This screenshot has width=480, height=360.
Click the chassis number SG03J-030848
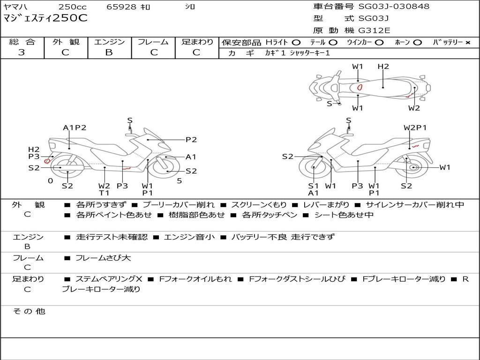[393, 7]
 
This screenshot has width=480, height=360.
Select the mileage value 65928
[121, 7]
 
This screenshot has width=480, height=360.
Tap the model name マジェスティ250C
[45, 19]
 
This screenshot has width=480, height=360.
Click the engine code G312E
[374, 31]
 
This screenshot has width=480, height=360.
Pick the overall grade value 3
[22, 52]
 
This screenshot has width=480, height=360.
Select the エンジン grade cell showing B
[109, 52]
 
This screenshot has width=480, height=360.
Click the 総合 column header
[22, 42]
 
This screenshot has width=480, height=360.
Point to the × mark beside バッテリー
[467, 43]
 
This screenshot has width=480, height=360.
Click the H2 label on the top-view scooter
[383, 67]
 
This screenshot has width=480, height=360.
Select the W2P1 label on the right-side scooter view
[415, 127]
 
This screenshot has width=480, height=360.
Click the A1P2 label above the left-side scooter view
[75, 127]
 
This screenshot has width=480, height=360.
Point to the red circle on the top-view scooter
[360, 87]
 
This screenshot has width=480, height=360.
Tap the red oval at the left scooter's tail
[47, 161]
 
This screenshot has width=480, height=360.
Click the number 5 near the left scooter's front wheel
[179, 181]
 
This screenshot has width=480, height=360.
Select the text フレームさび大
[103, 258]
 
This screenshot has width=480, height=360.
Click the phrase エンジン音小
[189, 237]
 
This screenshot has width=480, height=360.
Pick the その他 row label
[29, 311]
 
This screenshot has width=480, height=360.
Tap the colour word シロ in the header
[189, 7]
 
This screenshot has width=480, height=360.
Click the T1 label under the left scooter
[104, 193]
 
